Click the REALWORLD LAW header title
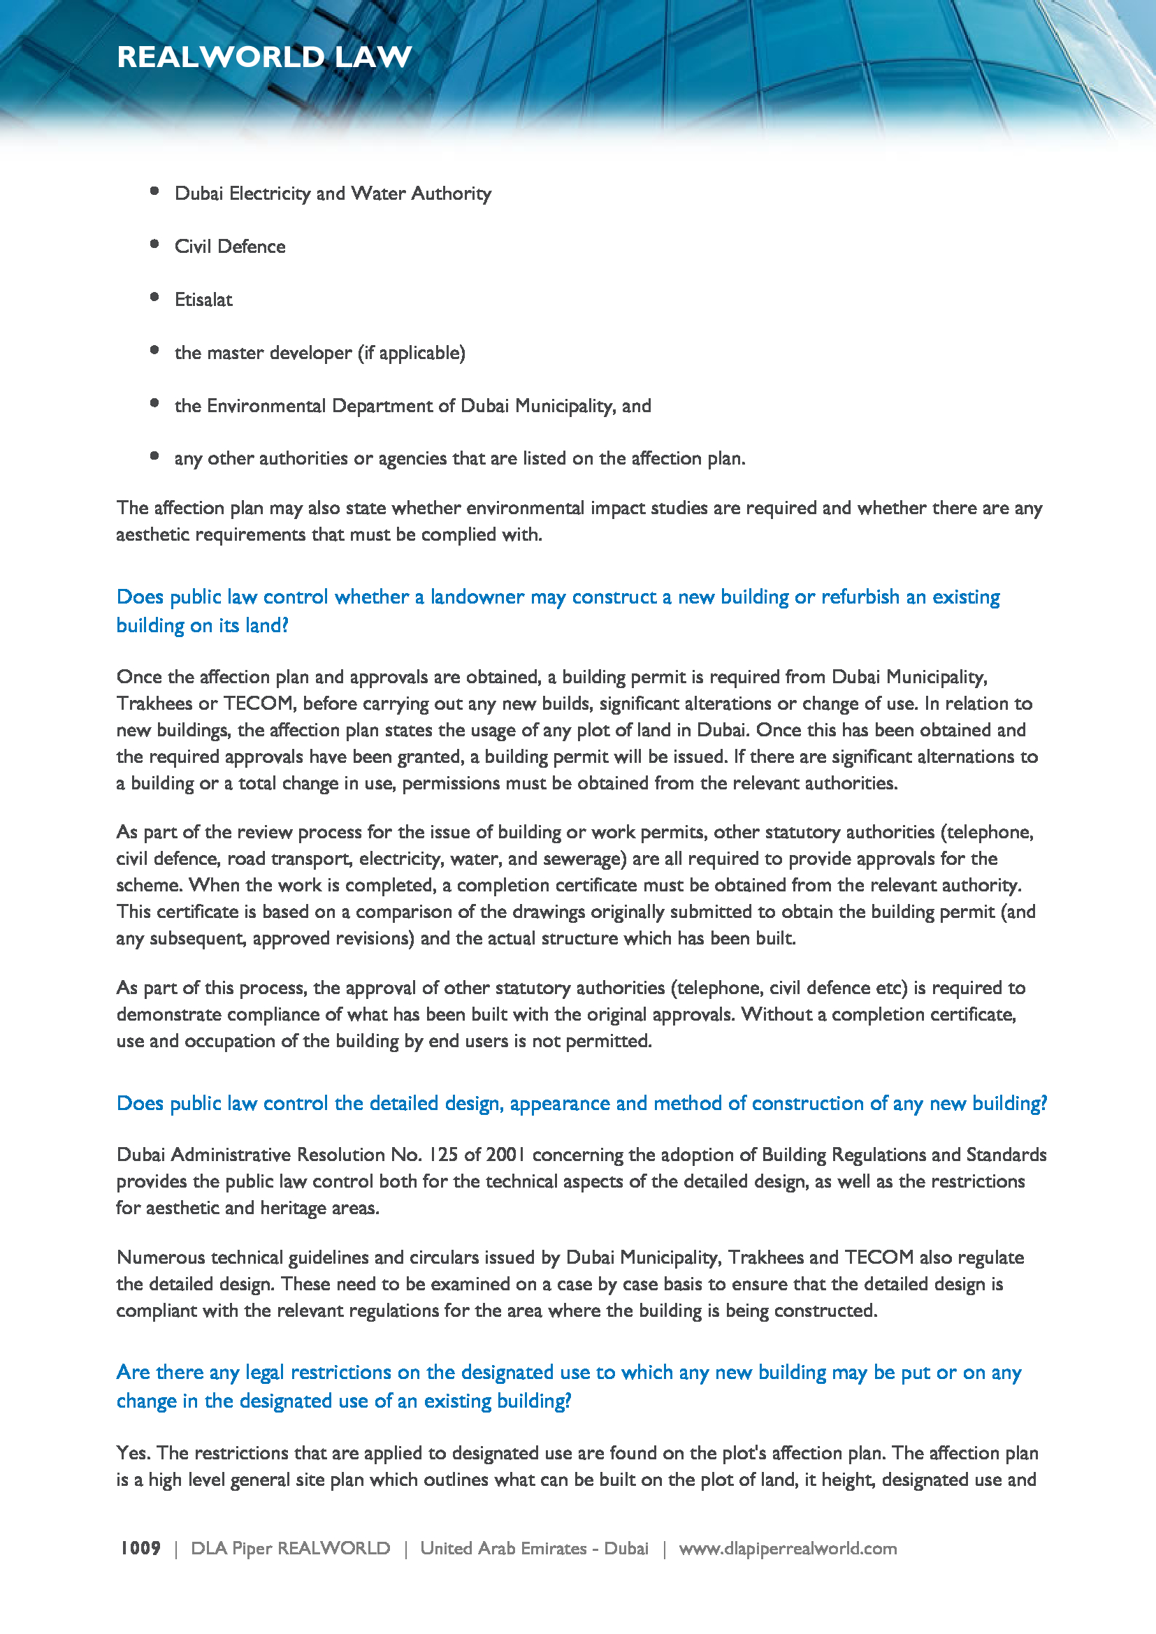click(264, 57)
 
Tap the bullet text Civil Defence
click(230, 246)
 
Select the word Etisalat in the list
click(203, 300)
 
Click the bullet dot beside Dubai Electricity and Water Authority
click(154, 191)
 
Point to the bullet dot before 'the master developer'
click(154, 350)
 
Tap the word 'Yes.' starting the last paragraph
click(133, 1453)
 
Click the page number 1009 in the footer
click(140, 1549)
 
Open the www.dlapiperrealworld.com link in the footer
click(787, 1549)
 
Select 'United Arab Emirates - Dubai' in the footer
click(534, 1549)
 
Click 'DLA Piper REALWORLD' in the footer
click(291, 1549)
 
